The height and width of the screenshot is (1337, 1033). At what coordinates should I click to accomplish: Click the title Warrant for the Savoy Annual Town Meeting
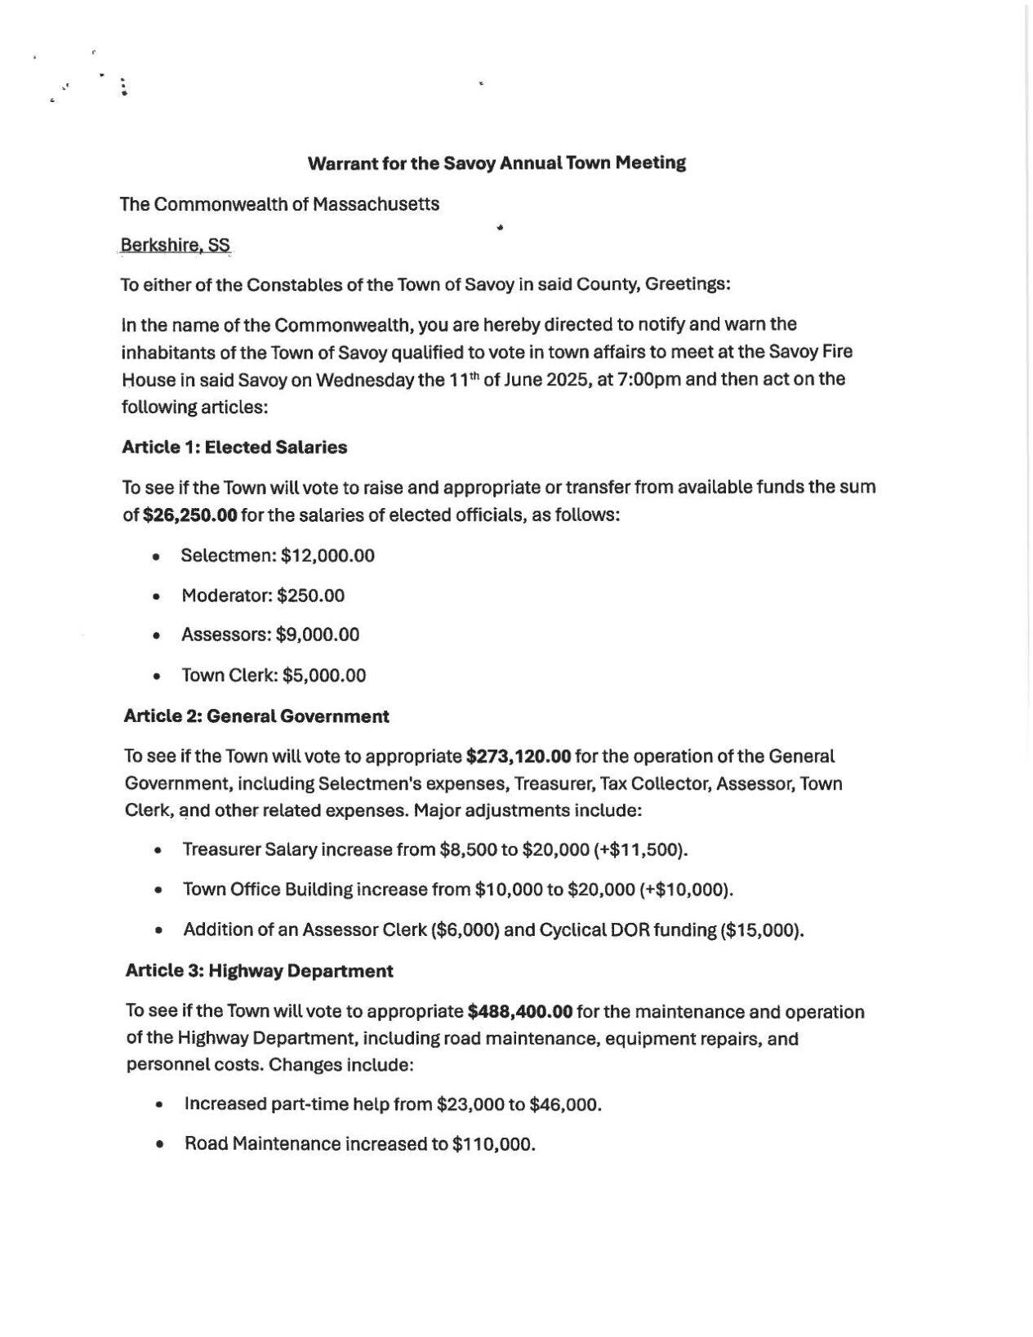click(496, 163)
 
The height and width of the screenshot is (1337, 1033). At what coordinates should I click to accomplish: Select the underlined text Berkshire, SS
click(175, 245)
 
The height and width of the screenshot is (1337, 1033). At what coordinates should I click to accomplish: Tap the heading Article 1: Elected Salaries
click(234, 447)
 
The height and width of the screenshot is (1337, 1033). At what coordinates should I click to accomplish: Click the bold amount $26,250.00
click(190, 515)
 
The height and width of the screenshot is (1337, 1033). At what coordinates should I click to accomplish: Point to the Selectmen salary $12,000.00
click(327, 556)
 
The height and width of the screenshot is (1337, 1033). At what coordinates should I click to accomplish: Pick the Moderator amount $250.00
click(310, 595)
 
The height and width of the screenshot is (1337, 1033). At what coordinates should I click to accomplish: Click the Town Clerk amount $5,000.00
click(324, 675)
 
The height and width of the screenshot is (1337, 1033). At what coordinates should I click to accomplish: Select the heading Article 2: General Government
click(256, 716)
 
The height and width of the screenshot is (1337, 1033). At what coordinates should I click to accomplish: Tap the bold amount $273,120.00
click(518, 756)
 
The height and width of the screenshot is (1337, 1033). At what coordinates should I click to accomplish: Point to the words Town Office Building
click(268, 889)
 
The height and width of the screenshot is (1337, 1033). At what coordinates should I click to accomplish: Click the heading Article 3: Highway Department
click(259, 971)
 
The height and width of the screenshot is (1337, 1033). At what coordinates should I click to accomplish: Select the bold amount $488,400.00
click(520, 1012)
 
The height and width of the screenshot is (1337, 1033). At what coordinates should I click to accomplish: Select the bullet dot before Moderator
click(156, 596)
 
